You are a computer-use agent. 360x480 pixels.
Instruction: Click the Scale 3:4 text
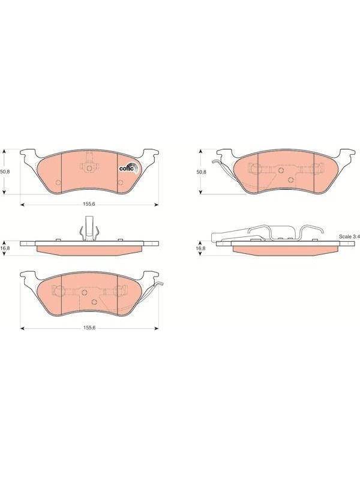[x=349, y=236]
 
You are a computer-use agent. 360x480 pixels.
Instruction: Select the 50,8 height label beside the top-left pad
[x=5, y=172]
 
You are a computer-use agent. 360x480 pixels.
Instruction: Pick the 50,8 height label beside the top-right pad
[x=202, y=172]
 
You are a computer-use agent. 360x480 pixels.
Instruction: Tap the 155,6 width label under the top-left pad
[x=89, y=204]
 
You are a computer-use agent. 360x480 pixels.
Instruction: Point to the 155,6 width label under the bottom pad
[x=89, y=328]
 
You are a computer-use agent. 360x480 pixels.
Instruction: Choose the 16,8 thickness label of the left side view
[x=5, y=248]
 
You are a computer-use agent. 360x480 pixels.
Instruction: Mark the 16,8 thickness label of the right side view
[x=202, y=248]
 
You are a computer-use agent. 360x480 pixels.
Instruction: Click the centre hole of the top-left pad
[x=89, y=168]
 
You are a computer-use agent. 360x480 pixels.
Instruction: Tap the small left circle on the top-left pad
[x=58, y=183]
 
